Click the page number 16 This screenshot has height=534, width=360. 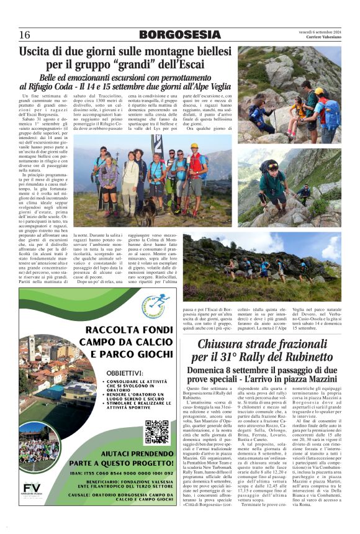coord(25,35)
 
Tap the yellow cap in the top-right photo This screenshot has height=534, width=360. coord(319,91)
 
